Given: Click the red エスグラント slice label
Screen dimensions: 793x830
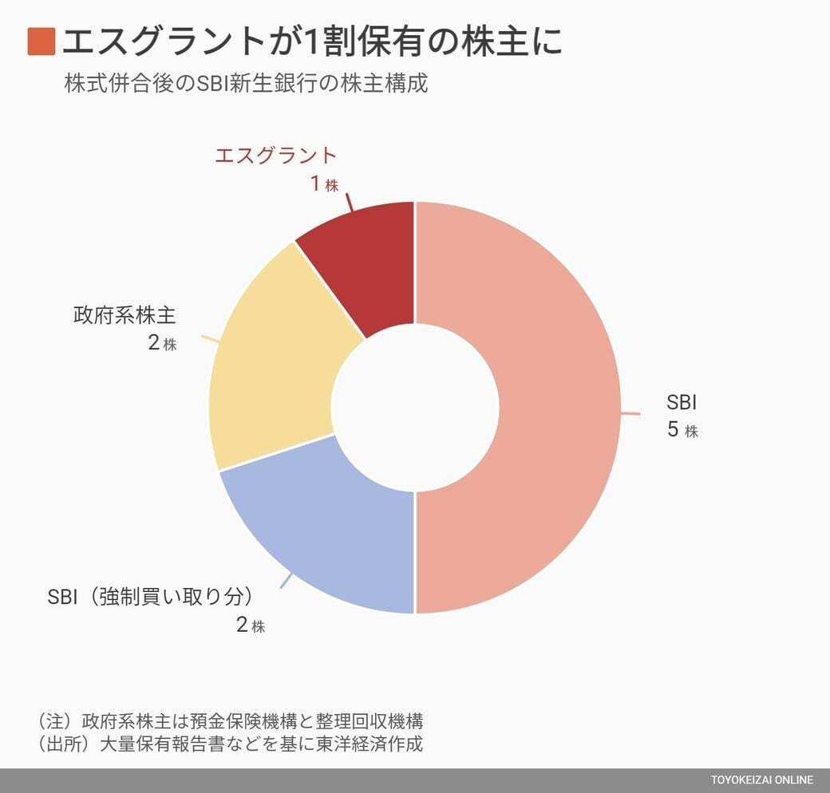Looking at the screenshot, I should coord(276,155).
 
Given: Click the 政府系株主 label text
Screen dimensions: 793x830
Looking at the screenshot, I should coord(125,315).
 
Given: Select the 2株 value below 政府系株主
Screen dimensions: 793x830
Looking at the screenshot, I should coord(162,345).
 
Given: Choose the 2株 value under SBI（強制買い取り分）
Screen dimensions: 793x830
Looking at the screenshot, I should coord(250,625).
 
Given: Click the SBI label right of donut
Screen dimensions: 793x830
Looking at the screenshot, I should coord(682,400).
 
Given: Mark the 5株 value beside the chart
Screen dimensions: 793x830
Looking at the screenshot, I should coord(682,430).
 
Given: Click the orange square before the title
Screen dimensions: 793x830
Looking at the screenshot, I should coord(41,41).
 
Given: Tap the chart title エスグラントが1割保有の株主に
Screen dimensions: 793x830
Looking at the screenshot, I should coord(311,41).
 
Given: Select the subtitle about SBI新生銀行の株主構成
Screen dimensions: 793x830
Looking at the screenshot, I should coord(246,84).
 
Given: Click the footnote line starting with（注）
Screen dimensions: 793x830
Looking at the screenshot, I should coord(229,720).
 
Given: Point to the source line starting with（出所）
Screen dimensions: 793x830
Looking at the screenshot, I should coord(229,744).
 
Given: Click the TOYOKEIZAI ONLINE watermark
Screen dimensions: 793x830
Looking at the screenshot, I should coord(762,780).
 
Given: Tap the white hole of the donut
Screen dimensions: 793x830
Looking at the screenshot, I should coord(415,407).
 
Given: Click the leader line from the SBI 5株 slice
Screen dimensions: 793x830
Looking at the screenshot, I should coord(630,413).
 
